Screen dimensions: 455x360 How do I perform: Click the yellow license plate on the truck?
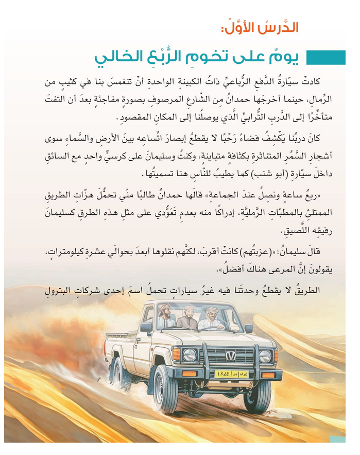[231, 373]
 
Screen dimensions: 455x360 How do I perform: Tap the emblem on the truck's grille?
[230, 355]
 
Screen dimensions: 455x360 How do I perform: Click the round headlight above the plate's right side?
[265, 356]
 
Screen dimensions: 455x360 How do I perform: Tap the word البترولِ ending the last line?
[47, 290]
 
